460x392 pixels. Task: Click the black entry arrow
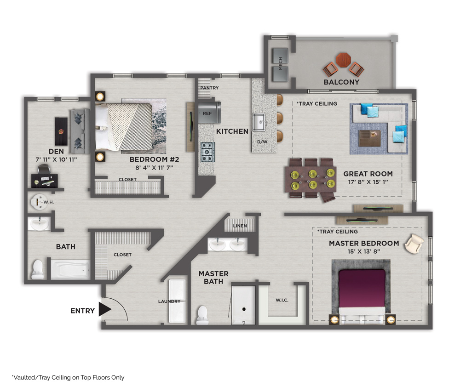104,309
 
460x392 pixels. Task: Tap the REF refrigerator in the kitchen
209,113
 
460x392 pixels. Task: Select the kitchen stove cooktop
208,152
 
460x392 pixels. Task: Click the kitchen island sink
259,122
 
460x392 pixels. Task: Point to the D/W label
262,142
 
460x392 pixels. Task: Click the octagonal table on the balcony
344,60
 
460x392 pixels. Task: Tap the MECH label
281,64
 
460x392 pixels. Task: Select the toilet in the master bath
202,315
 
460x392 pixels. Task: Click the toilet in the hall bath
38,269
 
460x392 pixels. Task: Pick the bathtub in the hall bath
70,269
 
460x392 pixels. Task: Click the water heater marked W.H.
39,202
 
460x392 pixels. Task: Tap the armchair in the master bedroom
414,243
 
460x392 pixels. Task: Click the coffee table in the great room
370,138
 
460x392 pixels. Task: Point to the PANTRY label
209,88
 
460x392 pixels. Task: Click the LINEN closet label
240,226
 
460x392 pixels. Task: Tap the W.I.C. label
282,300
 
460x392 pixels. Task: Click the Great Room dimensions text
368,182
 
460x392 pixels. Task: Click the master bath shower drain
243,309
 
